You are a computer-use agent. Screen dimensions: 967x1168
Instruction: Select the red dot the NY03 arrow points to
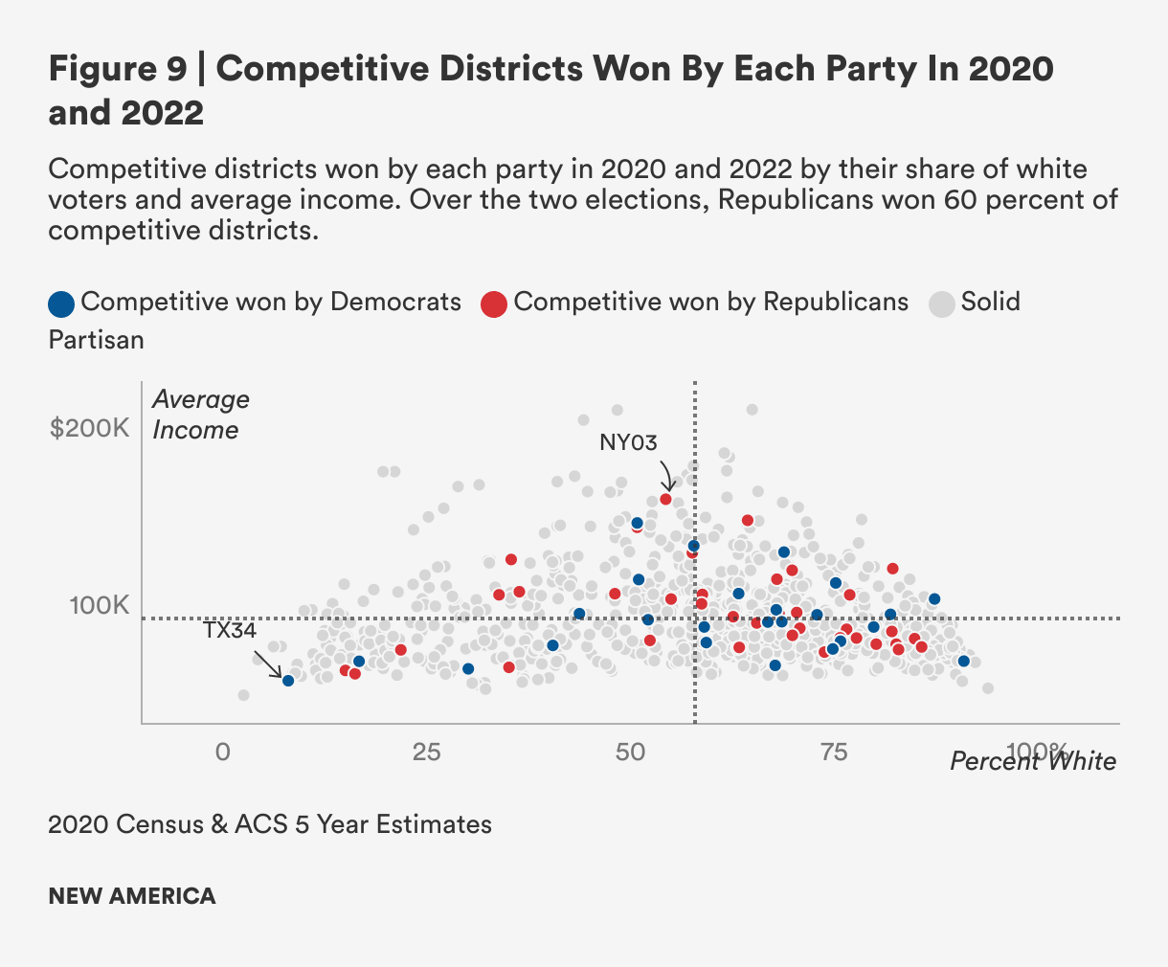coord(665,499)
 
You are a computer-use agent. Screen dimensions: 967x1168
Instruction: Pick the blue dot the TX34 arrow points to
coord(288,680)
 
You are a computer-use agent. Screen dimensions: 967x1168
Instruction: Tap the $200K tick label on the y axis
coord(89,428)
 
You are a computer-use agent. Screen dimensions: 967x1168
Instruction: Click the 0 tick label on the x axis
coord(223,752)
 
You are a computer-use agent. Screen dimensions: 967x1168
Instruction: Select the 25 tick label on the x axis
coord(427,752)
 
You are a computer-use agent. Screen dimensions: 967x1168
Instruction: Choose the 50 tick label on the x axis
coord(631,752)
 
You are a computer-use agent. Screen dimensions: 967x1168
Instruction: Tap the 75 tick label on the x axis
coord(835,752)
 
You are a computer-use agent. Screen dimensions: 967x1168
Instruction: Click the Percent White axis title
coord(1033,761)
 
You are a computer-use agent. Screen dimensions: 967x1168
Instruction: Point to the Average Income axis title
coord(200,415)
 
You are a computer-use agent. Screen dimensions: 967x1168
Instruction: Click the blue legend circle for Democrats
coord(61,304)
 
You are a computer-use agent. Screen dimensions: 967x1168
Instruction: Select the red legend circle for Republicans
coord(494,304)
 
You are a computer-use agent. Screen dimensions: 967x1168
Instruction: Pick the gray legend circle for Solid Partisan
coord(942,304)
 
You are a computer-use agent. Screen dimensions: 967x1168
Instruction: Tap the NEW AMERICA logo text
coord(132,896)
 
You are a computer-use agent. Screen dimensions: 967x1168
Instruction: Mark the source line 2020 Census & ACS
coord(270,824)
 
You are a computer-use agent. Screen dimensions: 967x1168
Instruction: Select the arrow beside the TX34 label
coord(268,663)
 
